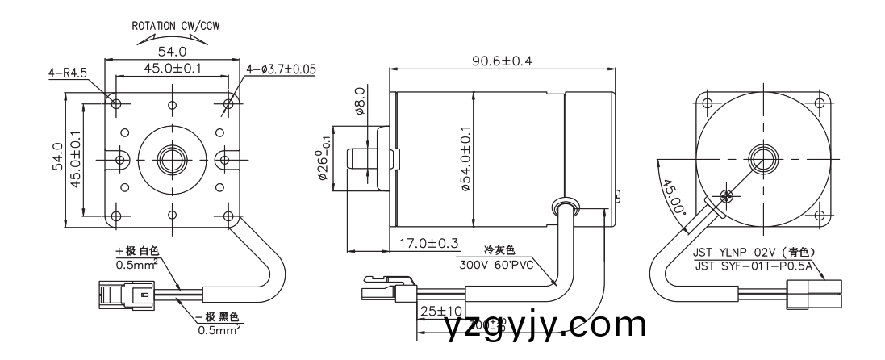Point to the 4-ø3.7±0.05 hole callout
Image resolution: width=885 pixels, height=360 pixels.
click(281, 69)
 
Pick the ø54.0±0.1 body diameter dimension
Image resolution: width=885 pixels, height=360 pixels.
click(466, 158)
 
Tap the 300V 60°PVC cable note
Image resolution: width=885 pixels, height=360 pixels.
click(496, 264)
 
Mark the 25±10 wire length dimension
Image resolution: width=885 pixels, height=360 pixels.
click(439, 310)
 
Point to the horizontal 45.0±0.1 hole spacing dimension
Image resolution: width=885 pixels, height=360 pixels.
click(173, 69)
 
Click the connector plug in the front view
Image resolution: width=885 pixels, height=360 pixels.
click(120, 295)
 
